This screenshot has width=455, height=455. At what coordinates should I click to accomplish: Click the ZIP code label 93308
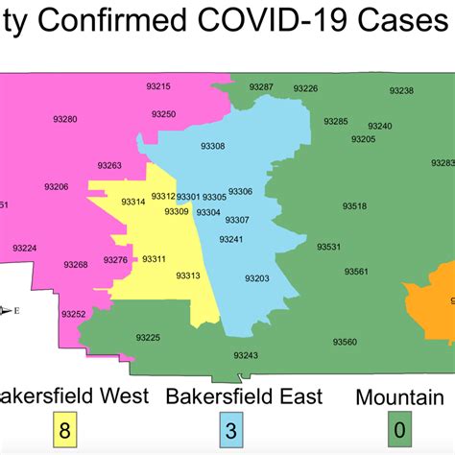(x=212, y=146)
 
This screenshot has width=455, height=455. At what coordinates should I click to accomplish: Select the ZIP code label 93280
(x=65, y=119)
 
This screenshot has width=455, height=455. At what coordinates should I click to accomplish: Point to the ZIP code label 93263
(x=109, y=166)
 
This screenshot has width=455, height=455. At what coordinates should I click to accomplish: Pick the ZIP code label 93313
(x=188, y=275)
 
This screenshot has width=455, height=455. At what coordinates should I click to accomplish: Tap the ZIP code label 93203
(x=256, y=278)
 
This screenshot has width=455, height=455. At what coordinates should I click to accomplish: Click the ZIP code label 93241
(x=231, y=239)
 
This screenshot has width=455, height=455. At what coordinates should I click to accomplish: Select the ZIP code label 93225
(x=148, y=337)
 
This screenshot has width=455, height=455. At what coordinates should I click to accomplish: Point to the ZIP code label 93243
(x=246, y=355)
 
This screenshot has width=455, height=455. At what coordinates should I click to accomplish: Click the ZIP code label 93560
(x=344, y=342)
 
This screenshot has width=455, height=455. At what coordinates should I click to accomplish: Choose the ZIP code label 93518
(x=355, y=205)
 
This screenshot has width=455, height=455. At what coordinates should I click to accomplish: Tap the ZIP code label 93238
(x=401, y=90)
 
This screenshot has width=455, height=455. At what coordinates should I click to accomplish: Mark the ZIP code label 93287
(x=261, y=87)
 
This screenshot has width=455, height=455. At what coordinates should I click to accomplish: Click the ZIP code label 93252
(x=73, y=314)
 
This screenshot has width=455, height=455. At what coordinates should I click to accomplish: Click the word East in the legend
(x=294, y=395)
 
